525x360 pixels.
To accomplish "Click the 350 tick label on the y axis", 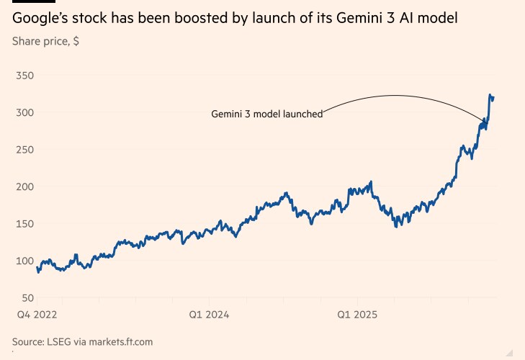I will (24, 76).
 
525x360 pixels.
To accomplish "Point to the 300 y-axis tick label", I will (24, 112).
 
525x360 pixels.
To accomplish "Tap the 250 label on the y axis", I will (24, 150).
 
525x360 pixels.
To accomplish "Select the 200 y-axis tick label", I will (24, 186).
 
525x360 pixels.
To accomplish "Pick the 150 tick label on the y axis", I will (24, 224).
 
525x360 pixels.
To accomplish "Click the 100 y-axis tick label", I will (24, 261).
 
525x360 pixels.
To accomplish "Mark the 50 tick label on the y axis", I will (27, 298).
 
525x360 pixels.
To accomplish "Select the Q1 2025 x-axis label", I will (357, 315).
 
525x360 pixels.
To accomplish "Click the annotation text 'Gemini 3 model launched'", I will (266, 114).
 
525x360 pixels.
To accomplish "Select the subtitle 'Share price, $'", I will (45, 41).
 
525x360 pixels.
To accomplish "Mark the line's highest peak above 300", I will (490, 95).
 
